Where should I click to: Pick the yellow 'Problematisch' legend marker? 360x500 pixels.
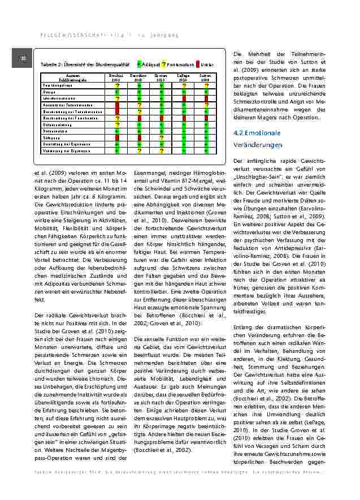[163, 64]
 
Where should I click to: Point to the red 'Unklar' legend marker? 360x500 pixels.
[198, 64]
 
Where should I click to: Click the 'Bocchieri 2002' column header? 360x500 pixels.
[116, 77]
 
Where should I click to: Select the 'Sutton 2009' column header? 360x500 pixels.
[206, 77]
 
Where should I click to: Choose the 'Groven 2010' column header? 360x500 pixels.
[161, 77]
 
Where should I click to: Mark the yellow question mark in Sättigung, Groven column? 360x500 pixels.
[161, 137]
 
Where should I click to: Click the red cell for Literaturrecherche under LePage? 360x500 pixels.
[184, 98]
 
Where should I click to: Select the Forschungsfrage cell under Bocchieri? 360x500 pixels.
[117, 85]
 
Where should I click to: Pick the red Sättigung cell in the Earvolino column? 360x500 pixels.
[138, 137]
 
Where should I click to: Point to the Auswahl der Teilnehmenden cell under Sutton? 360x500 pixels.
[206, 105]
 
